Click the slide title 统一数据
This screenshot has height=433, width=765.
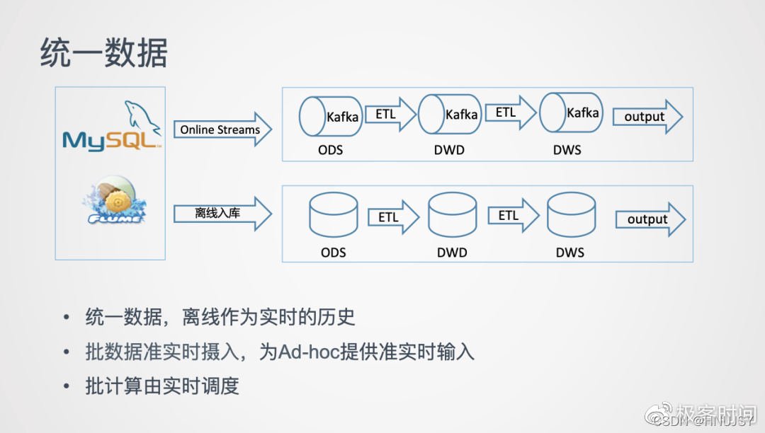click(x=103, y=54)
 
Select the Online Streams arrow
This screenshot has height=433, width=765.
click(x=222, y=129)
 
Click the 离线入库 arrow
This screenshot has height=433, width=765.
click(x=222, y=213)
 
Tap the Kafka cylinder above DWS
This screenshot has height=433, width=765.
click(x=570, y=112)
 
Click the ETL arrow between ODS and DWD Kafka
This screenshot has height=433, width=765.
click(x=390, y=115)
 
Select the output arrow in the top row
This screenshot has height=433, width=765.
click(x=647, y=117)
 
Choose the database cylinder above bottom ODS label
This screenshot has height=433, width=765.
click(x=334, y=215)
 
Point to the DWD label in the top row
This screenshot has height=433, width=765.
click(x=449, y=150)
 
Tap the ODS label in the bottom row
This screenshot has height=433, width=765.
click(x=334, y=253)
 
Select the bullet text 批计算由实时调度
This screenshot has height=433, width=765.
click(x=162, y=386)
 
